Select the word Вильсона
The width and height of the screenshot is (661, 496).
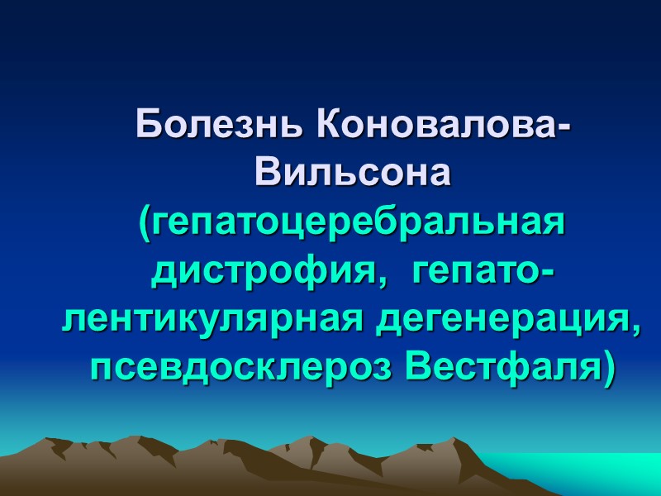click(x=354, y=174)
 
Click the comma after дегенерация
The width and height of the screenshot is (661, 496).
click(x=637, y=329)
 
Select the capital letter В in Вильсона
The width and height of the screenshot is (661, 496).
click(x=268, y=174)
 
